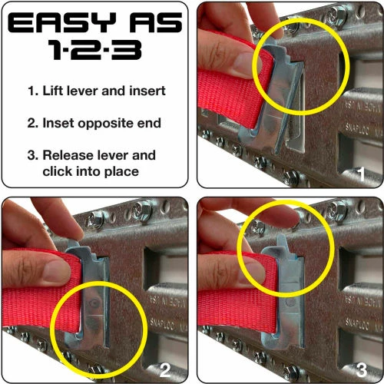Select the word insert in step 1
click(x=147, y=91)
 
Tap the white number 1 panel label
click(x=362, y=174)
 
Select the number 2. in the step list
click(x=32, y=124)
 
